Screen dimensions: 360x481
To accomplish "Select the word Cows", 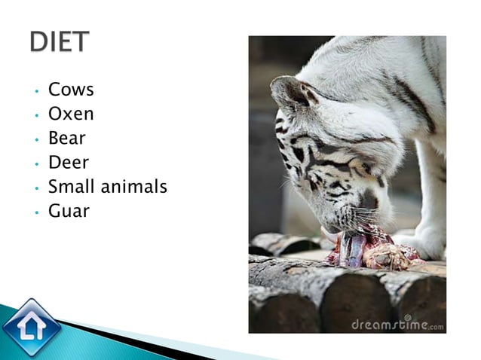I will pos(71,90).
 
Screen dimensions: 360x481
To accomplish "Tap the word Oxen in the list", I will pos(71,114).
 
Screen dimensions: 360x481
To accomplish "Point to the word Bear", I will pos(66,139).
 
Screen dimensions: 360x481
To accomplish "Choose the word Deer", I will pos(68,163).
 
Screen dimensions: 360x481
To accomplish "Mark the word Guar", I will pos(69,211).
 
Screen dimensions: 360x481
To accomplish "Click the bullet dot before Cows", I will pos(35,91).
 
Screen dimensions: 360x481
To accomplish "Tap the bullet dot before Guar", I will pos(35,212).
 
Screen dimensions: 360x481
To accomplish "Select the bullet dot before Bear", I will pos(35,140).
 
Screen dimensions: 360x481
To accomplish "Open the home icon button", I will pos(31,327).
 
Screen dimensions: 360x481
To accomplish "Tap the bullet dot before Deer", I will pos(35,164).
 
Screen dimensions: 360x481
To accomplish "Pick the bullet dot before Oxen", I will pos(35,115).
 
